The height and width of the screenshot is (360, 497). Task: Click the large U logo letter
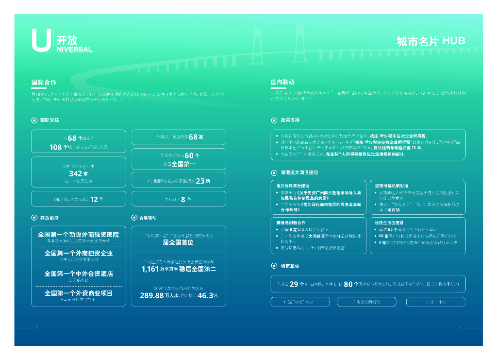tap(41, 40)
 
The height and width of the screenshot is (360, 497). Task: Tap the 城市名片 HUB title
tap(431, 41)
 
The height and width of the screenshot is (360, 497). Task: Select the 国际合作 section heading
tap(44, 83)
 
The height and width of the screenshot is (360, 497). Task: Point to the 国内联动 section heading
tap(282, 83)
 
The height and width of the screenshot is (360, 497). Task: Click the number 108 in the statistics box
tap(56, 147)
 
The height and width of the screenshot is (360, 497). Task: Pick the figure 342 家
tap(78, 173)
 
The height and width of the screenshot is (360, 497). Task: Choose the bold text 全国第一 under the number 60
tap(183, 164)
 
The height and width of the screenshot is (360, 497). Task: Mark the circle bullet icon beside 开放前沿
tap(34, 218)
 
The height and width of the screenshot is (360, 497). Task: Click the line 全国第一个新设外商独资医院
tap(78, 235)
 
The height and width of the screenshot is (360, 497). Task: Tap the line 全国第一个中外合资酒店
tap(78, 274)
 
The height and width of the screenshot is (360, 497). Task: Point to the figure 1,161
tap(150, 269)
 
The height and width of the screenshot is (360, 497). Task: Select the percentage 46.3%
tap(208, 295)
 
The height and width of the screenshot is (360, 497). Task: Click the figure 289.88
tap(152, 295)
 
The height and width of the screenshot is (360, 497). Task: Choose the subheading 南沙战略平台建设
tap(293, 186)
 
